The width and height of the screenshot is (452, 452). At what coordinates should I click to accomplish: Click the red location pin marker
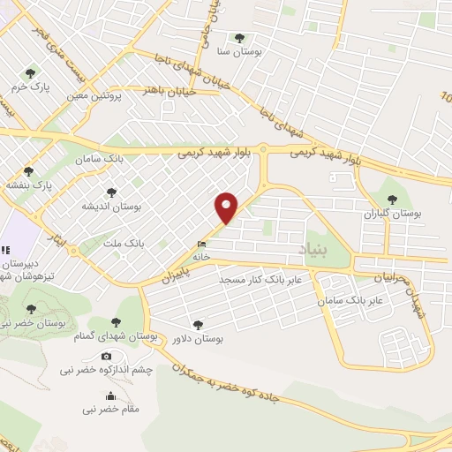227,207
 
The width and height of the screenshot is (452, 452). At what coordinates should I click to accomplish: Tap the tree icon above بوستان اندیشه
110,192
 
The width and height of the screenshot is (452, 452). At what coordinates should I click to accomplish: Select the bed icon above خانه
202,245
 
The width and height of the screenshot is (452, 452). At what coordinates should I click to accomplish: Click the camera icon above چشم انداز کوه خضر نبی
107,357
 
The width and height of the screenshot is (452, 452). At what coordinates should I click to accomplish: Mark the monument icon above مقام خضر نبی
110,396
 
